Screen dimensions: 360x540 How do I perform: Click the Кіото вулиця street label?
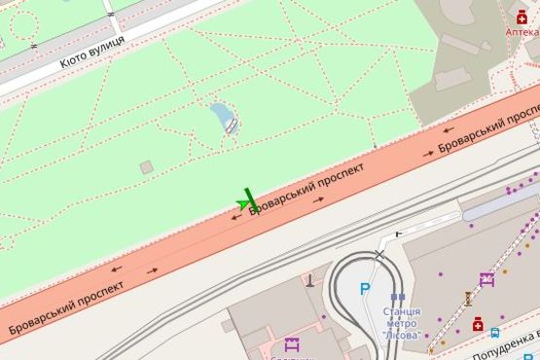coord(91,53)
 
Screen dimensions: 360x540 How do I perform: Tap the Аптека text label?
coord(522,31)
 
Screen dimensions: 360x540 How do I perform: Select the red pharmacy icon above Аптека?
coord(522,16)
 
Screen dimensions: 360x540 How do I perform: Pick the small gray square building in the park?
coord(146,167)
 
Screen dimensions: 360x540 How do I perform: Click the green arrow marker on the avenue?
coord(243,203)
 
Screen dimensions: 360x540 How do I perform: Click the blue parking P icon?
coord(365,288)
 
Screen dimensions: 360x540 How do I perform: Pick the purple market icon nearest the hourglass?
coord(486,278)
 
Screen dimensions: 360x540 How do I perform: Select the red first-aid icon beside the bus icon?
coord(478,324)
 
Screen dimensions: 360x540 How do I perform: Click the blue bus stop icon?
coord(495,333)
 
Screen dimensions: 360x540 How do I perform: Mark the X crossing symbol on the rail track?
coord(380,255)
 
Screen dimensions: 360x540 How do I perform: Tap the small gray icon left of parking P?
coord(310,281)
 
